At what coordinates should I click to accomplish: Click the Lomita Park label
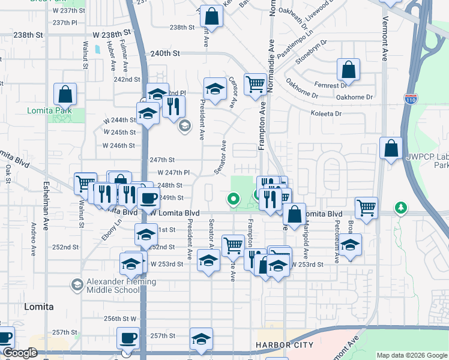click(x=49, y=110)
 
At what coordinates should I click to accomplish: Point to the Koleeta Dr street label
click(x=327, y=113)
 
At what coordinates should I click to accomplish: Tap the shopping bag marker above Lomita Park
click(x=65, y=94)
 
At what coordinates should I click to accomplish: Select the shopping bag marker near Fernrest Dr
click(x=348, y=70)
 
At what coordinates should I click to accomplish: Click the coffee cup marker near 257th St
click(x=127, y=338)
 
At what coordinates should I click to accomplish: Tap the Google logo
click(x=20, y=353)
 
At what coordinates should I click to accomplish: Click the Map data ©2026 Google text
click(x=412, y=355)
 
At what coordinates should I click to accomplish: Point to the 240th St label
click(x=166, y=53)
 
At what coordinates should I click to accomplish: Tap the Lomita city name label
click(x=38, y=307)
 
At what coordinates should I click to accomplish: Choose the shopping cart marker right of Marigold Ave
click(x=366, y=208)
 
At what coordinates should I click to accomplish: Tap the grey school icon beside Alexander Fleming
click(x=77, y=284)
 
